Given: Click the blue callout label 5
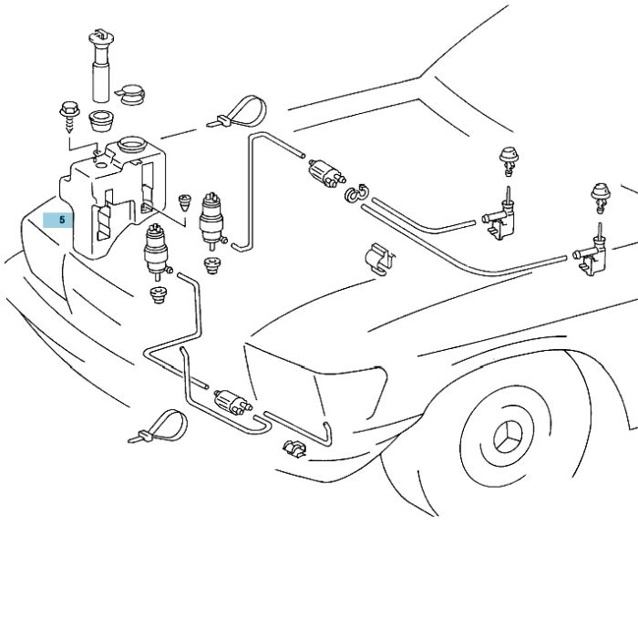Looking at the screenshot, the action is point(58,220).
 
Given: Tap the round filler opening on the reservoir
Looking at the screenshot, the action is point(131,145).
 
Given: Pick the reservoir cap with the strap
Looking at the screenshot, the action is point(132,95).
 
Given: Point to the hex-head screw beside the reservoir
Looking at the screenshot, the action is point(69,117).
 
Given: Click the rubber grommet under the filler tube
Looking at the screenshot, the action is point(101,120).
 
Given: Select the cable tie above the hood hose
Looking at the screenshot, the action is point(238,112).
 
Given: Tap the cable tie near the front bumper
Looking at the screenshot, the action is point(159,427).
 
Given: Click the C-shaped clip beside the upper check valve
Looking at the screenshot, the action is point(356,193).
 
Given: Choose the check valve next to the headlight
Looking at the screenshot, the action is point(232,402).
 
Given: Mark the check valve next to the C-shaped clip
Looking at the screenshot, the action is point(327,173).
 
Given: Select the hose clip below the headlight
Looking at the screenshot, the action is point(294,448).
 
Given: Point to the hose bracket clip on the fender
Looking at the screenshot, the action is point(380,259).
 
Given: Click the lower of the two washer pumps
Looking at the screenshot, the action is point(157,252).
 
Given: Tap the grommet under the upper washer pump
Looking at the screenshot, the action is point(211,265).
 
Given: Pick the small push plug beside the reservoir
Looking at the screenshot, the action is point(185,202).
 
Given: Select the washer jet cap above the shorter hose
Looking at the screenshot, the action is point(509,160).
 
